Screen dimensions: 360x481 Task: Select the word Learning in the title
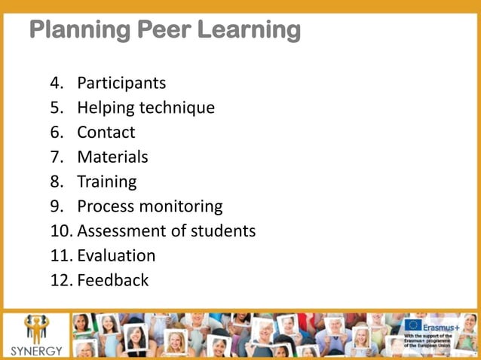(x=250, y=30)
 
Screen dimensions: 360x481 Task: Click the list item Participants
(x=121, y=83)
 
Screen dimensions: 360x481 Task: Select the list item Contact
(x=106, y=133)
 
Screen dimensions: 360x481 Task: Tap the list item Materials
(x=112, y=157)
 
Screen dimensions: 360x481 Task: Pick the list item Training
(x=107, y=182)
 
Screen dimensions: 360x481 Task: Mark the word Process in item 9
(x=106, y=206)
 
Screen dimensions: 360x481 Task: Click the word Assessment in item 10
(x=118, y=231)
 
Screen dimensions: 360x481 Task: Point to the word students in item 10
(x=221, y=231)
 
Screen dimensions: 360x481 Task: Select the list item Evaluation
(x=116, y=256)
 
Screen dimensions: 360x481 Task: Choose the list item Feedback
(x=113, y=280)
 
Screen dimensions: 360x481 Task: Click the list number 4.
(x=56, y=83)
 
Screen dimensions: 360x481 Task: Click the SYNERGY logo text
(x=35, y=351)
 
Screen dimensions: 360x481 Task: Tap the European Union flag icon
(x=412, y=325)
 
